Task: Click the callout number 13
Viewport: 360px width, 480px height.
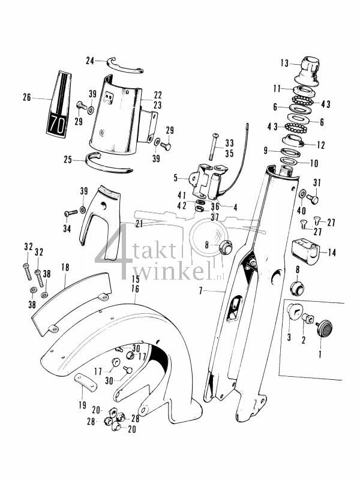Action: click(284, 62)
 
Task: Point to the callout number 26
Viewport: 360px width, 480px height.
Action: click(26, 97)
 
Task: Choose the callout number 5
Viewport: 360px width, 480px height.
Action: click(175, 178)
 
